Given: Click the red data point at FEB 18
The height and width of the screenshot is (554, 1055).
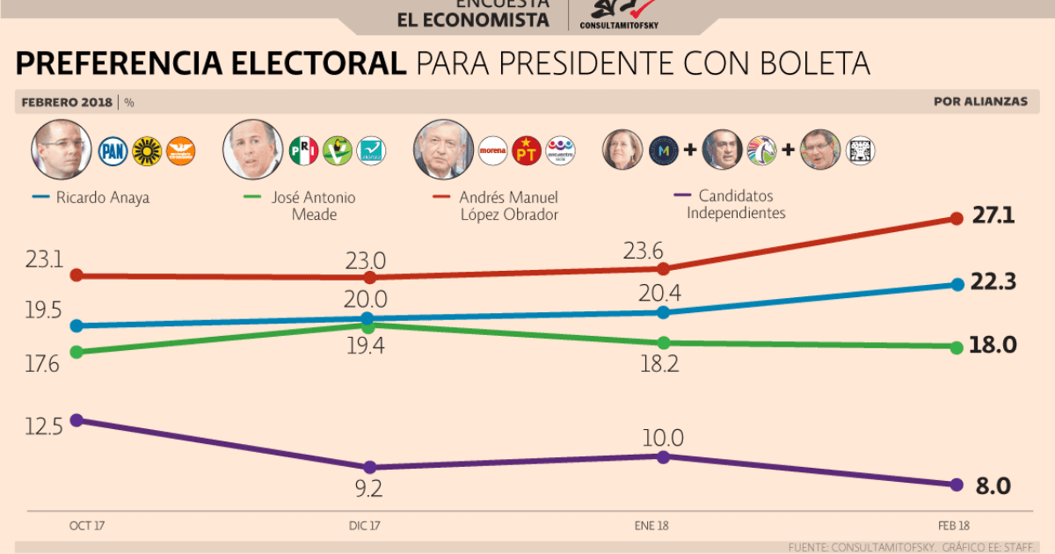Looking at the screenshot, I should coord(956,218).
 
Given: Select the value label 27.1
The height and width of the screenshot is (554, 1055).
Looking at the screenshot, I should coord(993,215).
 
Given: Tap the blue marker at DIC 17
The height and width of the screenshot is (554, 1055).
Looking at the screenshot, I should coord(369,318).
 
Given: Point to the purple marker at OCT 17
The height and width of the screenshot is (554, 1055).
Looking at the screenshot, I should coord(76,419).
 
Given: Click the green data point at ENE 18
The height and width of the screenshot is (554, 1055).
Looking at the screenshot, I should coord(664,343).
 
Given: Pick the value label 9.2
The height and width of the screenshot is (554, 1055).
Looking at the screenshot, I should coord(369,489).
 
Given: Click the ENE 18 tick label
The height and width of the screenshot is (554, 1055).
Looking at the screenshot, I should coord(651,526).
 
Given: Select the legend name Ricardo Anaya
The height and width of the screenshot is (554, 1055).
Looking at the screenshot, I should coord(102,198).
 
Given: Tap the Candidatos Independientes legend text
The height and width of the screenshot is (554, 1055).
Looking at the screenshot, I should coord(736,204).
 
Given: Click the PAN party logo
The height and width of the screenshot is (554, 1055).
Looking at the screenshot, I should coord(113,151).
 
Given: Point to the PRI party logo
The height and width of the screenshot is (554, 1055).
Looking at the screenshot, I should coord(303,151).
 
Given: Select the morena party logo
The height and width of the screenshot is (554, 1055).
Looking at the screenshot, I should coord(493,151).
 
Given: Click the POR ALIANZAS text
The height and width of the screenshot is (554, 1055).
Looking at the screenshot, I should coord(980,101).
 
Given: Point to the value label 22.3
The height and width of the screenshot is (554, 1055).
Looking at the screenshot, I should coord(993,282).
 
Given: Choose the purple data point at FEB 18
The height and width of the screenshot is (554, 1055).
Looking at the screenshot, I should coord(956,485).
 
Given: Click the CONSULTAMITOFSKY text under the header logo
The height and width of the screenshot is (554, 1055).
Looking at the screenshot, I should coord(619,25).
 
